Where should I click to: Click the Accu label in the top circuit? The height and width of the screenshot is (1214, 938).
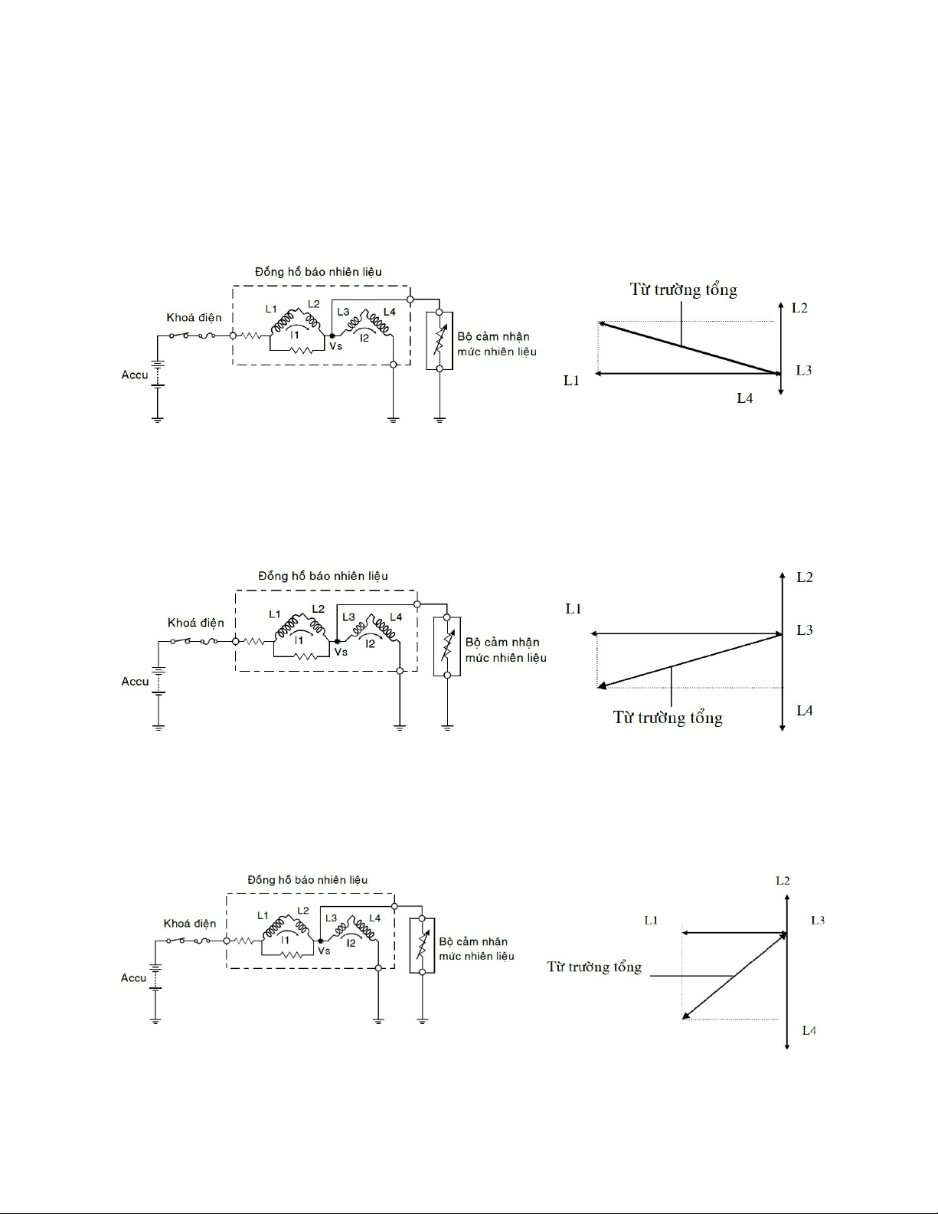click(x=135, y=375)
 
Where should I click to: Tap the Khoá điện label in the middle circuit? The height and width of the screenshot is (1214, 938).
click(x=195, y=623)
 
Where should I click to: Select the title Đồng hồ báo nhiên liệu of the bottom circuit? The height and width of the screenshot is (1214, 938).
click(x=308, y=880)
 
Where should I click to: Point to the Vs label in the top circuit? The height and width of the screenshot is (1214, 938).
click(x=335, y=346)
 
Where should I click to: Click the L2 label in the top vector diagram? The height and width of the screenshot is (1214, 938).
click(x=799, y=308)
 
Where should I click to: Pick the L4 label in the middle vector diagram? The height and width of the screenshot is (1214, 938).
click(x=804, y=711)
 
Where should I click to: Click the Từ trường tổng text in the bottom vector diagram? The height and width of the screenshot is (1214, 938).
click(x=594, y=967)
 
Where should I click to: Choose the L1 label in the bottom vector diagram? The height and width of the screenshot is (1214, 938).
click(x=651, y=920)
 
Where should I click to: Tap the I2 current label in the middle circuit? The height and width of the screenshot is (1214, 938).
click(x=370, y=644)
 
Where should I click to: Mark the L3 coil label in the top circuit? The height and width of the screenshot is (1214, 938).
click(x=343, y=312)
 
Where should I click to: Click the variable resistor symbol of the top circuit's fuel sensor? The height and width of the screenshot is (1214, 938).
click(x=440, y=340)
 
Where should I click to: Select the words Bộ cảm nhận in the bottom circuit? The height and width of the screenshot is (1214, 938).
click(x=473, y=941)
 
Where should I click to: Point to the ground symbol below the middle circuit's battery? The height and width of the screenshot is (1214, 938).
click(x=159, y=728)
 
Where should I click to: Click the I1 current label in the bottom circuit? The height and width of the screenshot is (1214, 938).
click(x=285, y=941)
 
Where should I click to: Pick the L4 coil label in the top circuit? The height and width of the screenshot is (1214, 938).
click(x=389, y=312)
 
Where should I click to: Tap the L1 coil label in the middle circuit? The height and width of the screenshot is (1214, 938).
click(x=275, y=614)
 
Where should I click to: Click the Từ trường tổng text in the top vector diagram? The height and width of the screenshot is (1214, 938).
click(x=683, y=290)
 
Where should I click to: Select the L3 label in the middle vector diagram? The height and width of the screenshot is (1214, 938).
click(x=804, y=630)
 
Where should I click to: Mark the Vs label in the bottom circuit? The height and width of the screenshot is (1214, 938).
click(x=324, y=951)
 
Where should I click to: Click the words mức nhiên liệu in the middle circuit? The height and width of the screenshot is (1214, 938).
click(x=506, y=658)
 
